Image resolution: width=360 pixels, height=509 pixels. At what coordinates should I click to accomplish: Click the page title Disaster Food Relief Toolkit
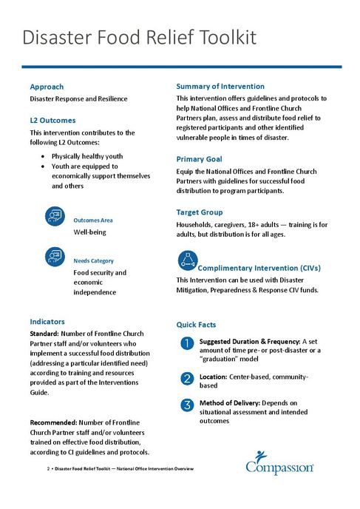click(x=139, y=38)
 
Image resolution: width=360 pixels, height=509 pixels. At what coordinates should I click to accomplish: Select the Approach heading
click(x=47, y=87)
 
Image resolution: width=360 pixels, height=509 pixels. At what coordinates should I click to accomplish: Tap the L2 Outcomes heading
click(x=52, y=120)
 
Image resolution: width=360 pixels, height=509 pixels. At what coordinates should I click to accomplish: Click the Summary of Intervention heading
click(x=220, y=86)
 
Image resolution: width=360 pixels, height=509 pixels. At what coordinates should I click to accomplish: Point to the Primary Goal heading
click(x=199, y=159)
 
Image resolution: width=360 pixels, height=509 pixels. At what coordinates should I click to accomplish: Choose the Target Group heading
click(x=200, y=212)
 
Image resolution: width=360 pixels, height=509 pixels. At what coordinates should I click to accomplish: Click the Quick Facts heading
click(x=196, y=325)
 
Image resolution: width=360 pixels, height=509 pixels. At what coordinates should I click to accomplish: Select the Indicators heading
click(x=47, y=322)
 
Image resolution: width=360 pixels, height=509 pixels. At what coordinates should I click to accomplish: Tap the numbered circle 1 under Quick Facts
click(x=187, y=343)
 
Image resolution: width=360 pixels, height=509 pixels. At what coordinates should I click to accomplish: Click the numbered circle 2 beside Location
click(x=187, y=379)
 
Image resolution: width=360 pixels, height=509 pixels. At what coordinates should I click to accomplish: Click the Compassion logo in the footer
click(x=280, y=463)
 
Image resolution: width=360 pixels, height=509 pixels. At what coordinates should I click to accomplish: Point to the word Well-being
click(x=89, y=232)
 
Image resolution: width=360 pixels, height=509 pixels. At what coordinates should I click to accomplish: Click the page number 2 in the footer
click(x=48, y=470)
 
